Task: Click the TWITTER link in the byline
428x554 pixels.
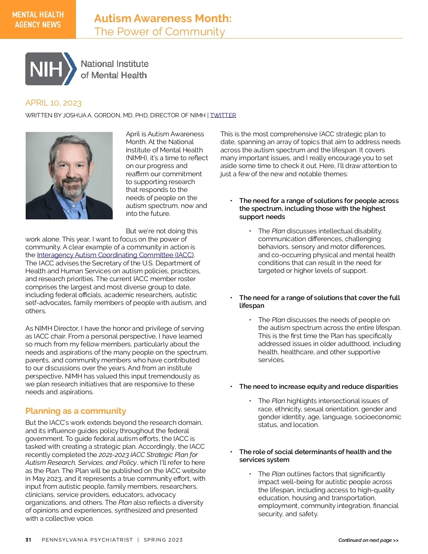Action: click(x=223, y=115)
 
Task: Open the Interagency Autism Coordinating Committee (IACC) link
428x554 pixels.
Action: click(x=115, y=255)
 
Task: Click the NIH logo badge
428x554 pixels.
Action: click(x=50, y=69)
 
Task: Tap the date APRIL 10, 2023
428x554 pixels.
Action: click(x=53, y=103)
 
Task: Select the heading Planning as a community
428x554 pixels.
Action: click(x=76, y=411)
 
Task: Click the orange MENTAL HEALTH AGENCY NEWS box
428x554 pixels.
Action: click(x=38, y=19)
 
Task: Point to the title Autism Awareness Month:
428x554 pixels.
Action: click(x=163, y=18)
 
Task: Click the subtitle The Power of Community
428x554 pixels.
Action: click(x=159, y=32)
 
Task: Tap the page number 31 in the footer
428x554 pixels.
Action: click(x=29, y=540)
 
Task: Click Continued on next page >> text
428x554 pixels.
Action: click(x=368, y=540)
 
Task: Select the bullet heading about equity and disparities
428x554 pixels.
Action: click(x=319, y=387)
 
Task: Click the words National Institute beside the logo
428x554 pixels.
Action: click(x=114, y=64)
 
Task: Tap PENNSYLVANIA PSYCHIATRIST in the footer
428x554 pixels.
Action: click(x=87, y=540)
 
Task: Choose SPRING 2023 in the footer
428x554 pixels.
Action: click(x=163, y=540)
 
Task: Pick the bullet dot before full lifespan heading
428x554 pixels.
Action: click(x=231, y=298)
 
